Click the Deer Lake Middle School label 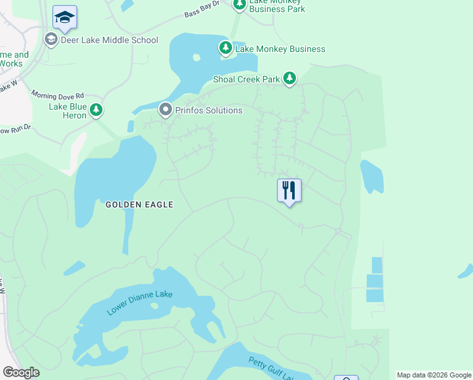click(x=109, y=41)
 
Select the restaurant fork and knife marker click(x=289, y=190)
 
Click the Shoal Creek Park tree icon click(x=290, y=79)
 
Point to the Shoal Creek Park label click(x=246, y=79)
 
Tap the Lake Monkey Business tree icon click(x=225, y=48)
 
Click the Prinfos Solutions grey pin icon click(x=166, y=110)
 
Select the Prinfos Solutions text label click(x=209, y=110)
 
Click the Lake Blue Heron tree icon click(x=96, y=110)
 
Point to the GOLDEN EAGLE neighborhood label click(x=139, y=205)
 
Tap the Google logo click(x=21, y=372)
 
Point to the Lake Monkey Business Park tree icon click(x=239, y=4)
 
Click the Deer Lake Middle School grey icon click(x=51, y=40)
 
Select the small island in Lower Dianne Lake click(x=155, y=306)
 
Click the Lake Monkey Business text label click(x=280, y=49)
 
